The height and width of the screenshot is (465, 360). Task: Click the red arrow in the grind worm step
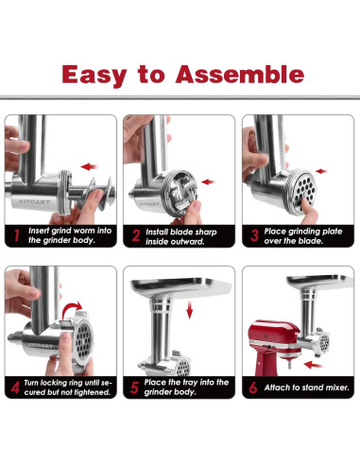90,166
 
